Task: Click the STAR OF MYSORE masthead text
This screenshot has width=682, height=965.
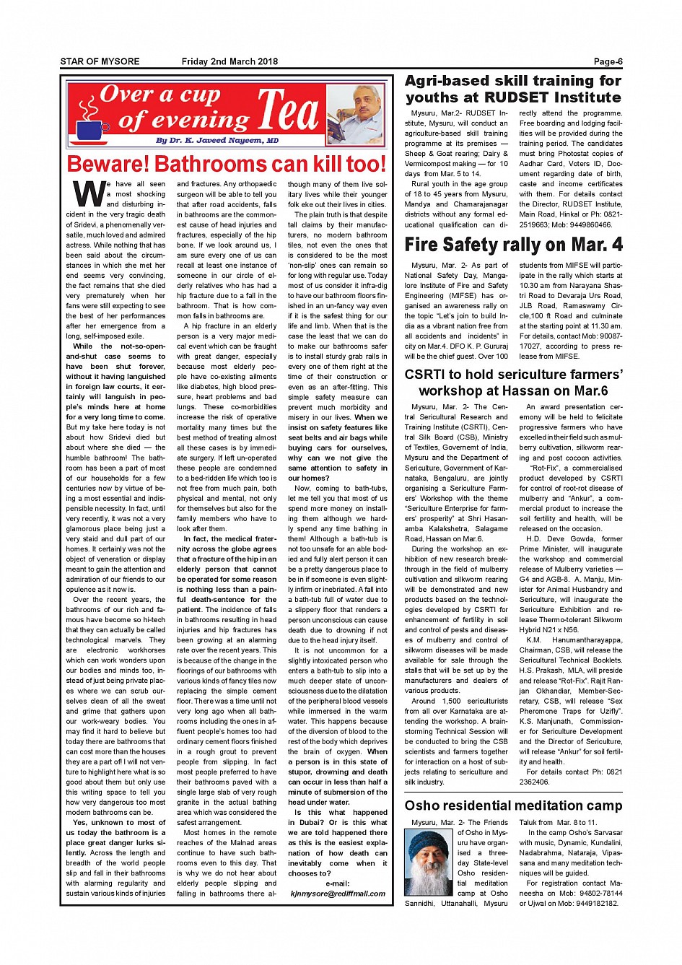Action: tap(100, 61)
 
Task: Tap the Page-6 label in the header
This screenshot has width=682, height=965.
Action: tap(608, 61)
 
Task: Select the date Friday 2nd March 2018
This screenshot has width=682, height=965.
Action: tap(229, 61)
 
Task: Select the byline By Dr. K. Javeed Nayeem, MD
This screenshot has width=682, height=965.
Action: tap(217, 140)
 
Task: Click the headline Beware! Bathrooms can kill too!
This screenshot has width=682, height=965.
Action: tap(227, 164)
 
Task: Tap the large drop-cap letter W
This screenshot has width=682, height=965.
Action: tap(88, 193)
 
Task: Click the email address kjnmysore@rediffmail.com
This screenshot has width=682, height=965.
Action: tap(338, 894)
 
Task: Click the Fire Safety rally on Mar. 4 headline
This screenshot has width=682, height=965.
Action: tap(513, 245)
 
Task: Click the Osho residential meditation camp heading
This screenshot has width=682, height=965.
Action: tap(513, 805)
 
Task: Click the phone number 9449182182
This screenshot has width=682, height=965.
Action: tap(593, 904)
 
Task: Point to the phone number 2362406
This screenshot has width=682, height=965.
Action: tap(534, 782)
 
